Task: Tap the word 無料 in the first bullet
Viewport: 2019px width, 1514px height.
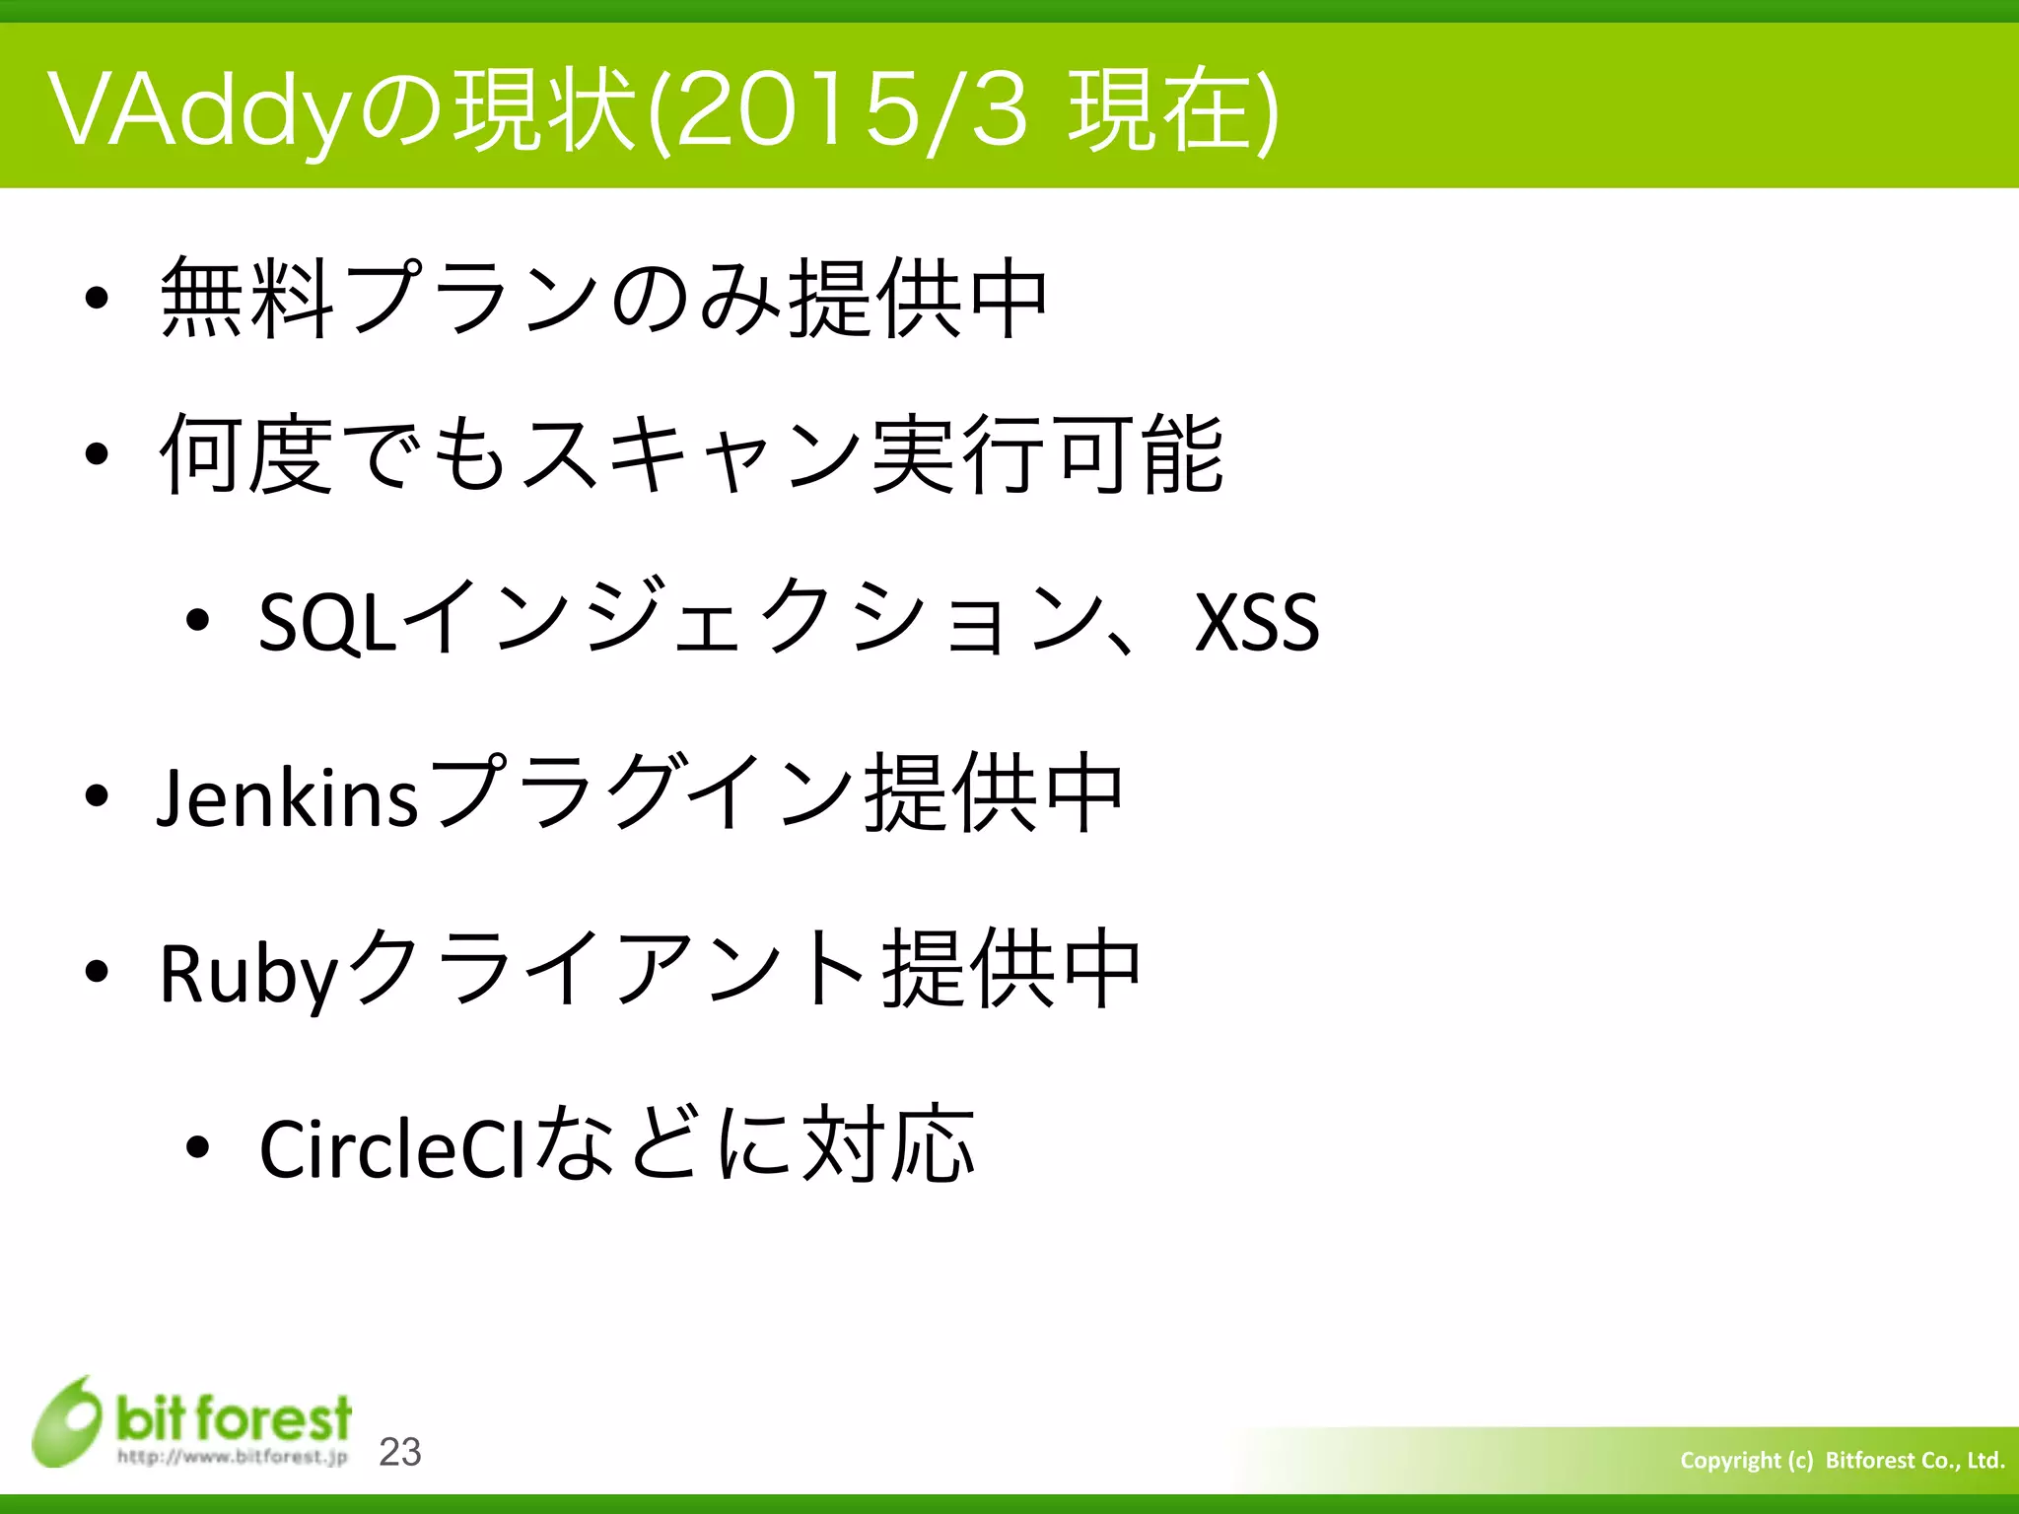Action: point(246,297)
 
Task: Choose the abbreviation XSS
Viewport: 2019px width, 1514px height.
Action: point(1256,622)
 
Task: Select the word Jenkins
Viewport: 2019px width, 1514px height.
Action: point(288,796)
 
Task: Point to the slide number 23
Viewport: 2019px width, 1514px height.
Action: point(400,1452)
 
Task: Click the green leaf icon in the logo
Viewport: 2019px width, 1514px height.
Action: point(67,1422)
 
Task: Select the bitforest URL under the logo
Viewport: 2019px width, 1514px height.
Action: point(233,1456)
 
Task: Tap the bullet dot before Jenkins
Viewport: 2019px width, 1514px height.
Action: point(96,795)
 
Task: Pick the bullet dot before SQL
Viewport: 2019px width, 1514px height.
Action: point(197,620)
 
